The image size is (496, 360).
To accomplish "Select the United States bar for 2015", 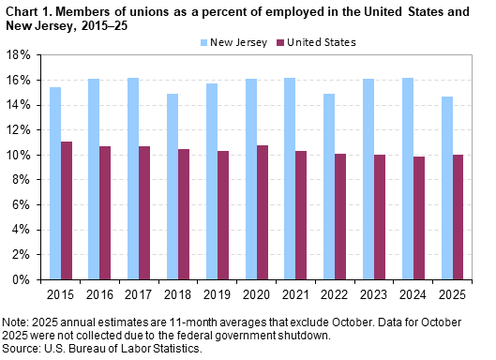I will (67, 210).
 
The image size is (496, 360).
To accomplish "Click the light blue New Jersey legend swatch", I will (203, 42).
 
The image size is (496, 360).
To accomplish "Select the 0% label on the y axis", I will (25, 279).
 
